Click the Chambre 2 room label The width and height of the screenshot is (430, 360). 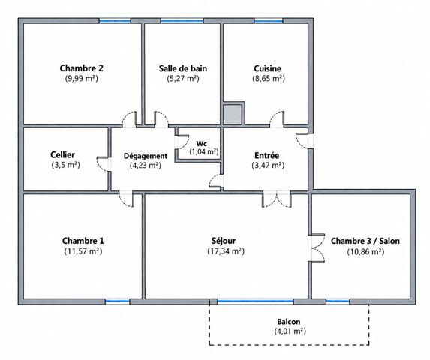(x=82, y=68)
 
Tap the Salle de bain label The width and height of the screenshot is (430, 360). (x=183, y=68)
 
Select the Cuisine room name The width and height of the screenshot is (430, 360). (x=268, y=68)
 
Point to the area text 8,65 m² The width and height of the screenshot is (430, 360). (x=269, y=78)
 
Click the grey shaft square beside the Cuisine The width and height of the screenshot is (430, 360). (x=233, y=115)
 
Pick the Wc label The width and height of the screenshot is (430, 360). (x=202, y=143)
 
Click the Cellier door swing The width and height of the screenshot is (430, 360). (x=104, y=165)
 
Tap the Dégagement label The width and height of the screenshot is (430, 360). (x=146, y=156)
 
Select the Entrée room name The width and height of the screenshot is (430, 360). (x=267, y=155)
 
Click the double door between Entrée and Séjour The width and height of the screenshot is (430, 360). (x=277, y=199)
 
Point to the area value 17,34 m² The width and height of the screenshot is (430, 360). (x=226, y=251)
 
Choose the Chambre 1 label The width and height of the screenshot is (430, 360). (x=83, y=241)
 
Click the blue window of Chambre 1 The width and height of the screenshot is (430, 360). (x=117, y=301)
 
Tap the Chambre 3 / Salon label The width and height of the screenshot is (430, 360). (x=365, y=241)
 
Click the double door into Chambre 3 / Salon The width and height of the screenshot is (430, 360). (x=317, y=248)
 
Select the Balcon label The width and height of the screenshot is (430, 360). (x=288, y=321)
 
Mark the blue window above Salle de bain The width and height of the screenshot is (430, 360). (x=182, y=21)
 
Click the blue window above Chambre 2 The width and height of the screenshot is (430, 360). (x=115, y=21)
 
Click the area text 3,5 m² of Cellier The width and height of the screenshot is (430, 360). (x=65, y=165)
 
